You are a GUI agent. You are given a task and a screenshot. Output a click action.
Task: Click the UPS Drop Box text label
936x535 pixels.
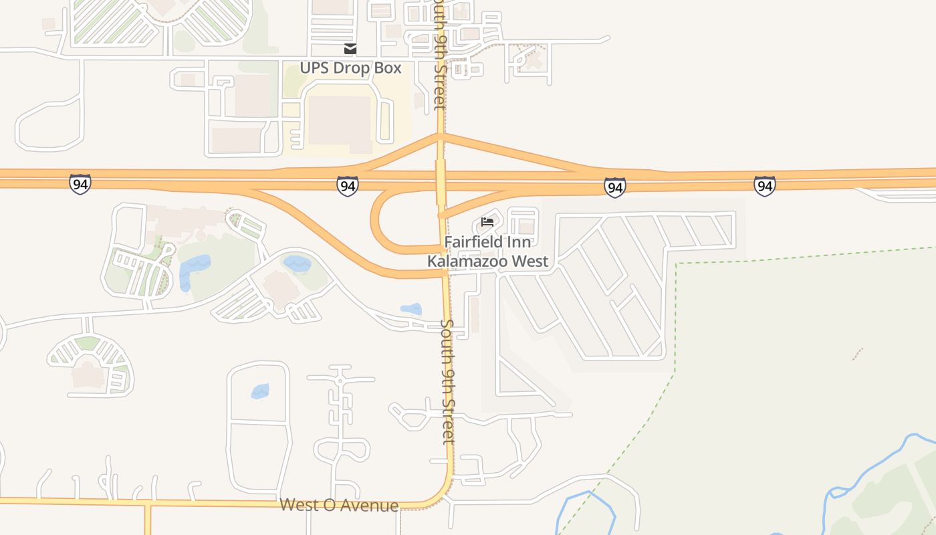click(350, 68)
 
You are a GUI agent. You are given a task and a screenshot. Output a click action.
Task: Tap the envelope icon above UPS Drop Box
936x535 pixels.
click(350, 49)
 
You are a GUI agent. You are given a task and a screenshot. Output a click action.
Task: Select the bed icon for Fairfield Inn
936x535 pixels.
click(487, 222)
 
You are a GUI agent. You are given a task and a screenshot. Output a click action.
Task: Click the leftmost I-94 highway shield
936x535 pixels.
click(80, 184)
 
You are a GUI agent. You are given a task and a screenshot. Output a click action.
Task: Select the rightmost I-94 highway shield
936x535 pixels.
click(764, 186)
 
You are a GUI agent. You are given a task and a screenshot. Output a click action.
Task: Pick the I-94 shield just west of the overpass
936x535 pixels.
click(347, 186)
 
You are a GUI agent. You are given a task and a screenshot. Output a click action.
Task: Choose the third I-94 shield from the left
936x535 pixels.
click(614, 187)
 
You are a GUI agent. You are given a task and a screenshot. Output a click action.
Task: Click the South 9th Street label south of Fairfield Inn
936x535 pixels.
click(447, 381)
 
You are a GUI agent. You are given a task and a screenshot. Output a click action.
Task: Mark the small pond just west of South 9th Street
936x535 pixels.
click(411, 309)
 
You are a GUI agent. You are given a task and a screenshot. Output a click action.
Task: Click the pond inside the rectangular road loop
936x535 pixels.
click(260, 391)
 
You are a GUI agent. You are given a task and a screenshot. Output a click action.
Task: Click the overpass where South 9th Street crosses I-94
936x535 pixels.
click(441, 181)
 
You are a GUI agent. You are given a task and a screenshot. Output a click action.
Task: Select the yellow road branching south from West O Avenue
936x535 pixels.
click(148, 520)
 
